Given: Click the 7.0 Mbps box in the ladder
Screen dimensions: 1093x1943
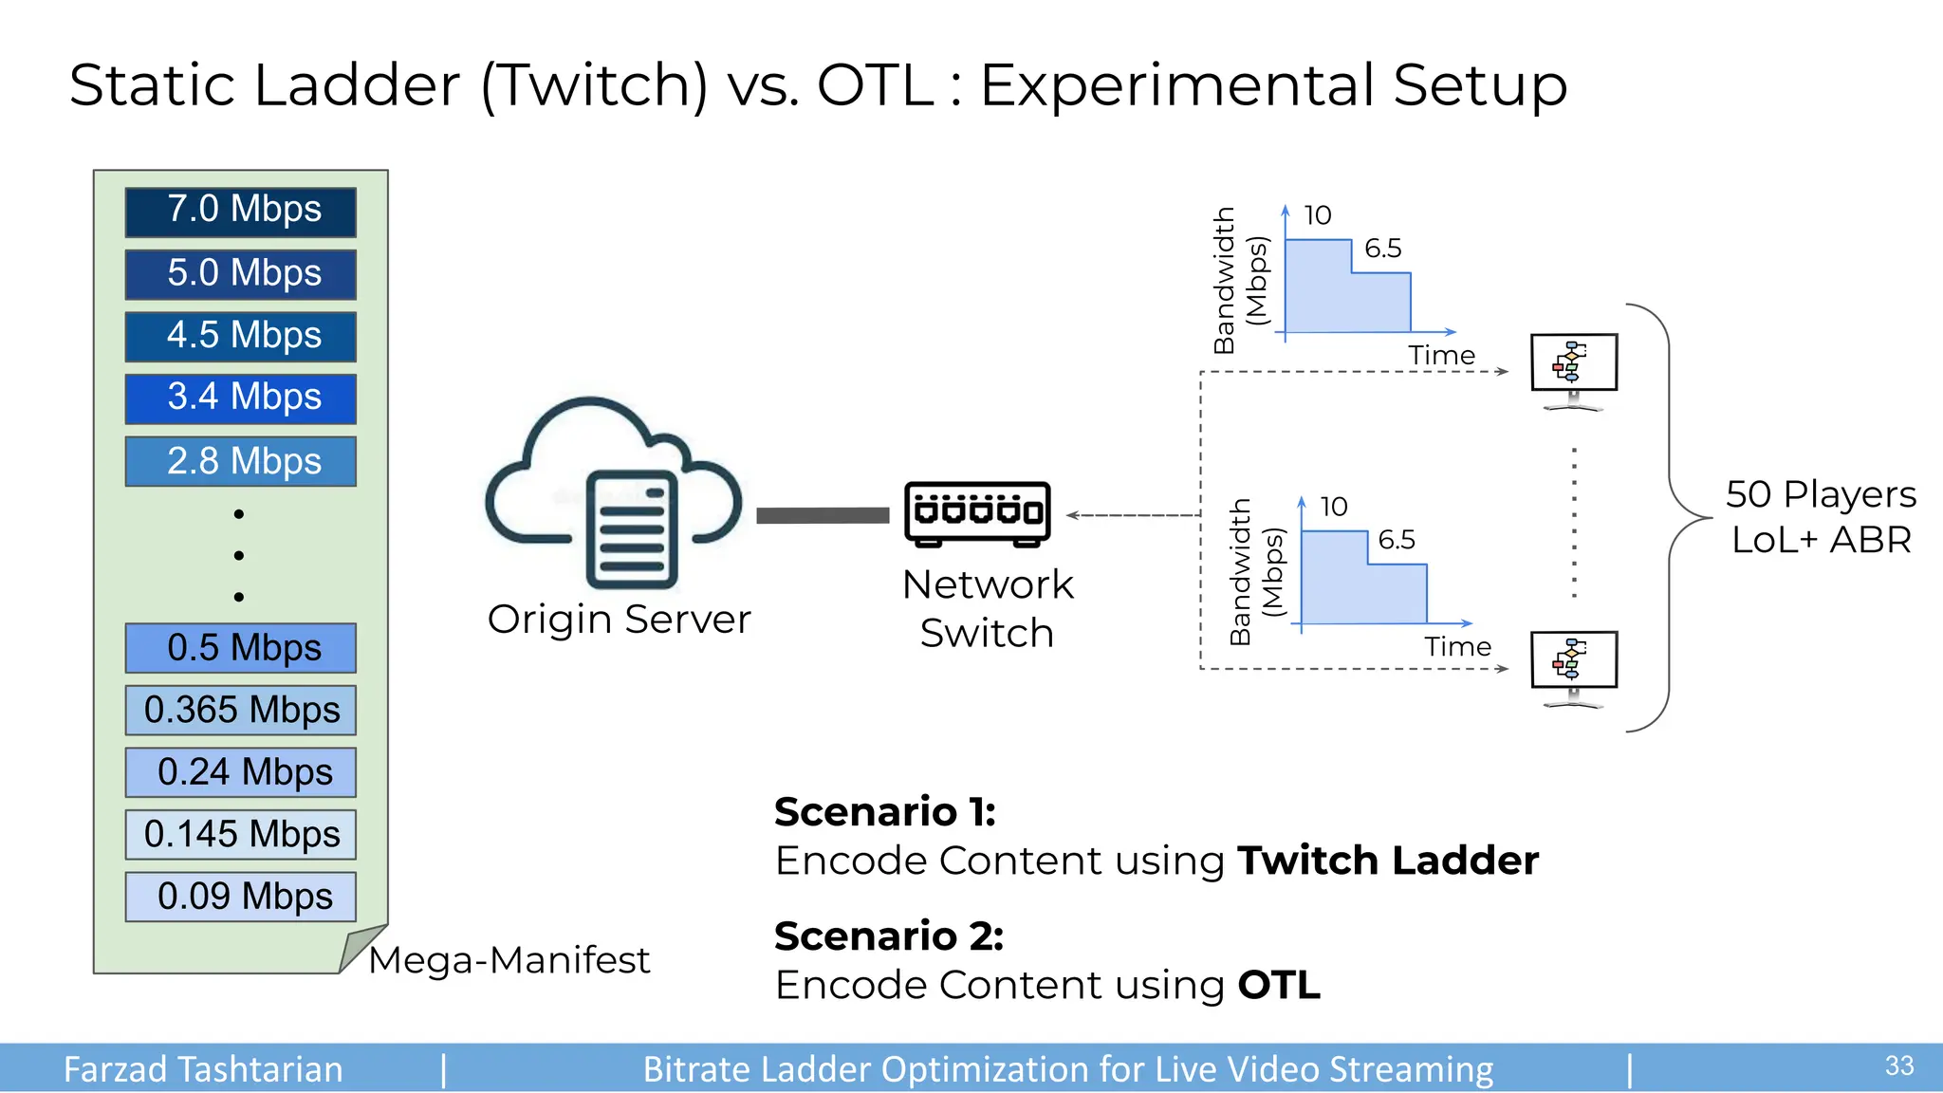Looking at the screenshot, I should click(x=241, y=212).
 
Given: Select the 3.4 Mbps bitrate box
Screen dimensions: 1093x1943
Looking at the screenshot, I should click(x=241, y=398).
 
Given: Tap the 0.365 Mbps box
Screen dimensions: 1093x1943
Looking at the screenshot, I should click(x=241, y=710).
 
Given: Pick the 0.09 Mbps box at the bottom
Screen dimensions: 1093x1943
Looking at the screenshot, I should click(x=241, y=897).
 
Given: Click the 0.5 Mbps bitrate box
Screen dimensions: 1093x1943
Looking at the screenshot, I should click(x=241, y=648).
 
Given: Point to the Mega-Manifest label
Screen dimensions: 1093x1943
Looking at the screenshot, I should click(x=509, y=960).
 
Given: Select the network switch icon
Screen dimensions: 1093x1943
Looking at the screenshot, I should click(x=977, y=513).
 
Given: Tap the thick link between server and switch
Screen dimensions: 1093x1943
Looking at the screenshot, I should click(x=823, y=515).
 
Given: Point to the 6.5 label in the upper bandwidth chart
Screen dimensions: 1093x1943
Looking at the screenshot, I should click(x=1382, y=249).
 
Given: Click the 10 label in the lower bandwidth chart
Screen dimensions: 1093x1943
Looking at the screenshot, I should click(x=1333, y=507).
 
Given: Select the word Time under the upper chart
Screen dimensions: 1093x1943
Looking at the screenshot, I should click(x=1441, y=356).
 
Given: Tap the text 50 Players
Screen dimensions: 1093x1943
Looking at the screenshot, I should click(x=1821, y=494).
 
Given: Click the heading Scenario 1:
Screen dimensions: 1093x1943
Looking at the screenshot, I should click(x=885, y=812).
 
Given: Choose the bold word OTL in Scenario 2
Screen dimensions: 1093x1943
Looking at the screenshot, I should click(x=1279, y=985).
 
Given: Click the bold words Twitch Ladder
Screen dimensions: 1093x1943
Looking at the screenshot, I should click(x=1387, y=861).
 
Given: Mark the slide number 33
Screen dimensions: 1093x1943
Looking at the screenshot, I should click(x=1898, y=1065).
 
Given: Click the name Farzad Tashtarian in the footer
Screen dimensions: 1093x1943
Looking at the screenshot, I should click(x=203, y=1069).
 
